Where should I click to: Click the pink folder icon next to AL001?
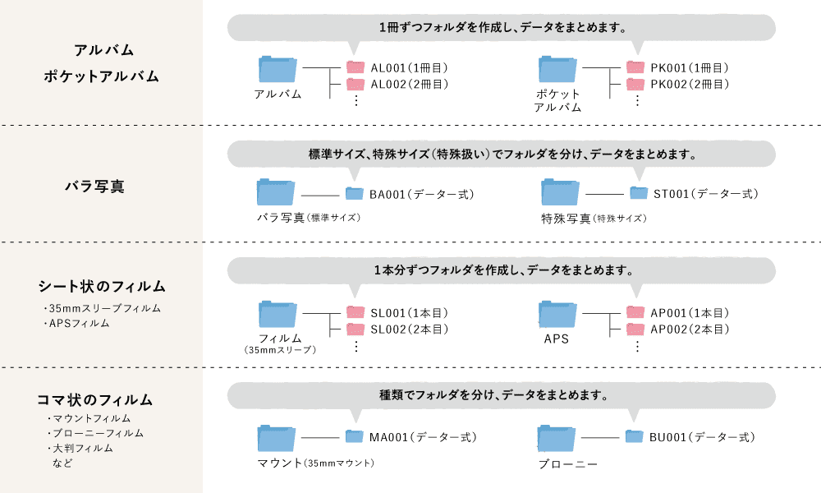(355, 67)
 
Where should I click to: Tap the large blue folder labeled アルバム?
(277, 69)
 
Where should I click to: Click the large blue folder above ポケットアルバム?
(557, 69)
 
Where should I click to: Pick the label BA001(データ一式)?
(421, 194)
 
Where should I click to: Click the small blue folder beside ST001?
(639, 193)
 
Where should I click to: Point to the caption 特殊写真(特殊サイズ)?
(594, 219)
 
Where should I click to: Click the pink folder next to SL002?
(355, 329)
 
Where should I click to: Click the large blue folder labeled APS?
(557, 315)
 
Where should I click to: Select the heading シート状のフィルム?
(102, 287)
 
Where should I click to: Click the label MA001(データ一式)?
(422, 437)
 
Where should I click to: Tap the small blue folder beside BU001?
(634, 436)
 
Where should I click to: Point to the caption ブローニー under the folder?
(567, 464)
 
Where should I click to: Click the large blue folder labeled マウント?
(277, 438)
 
